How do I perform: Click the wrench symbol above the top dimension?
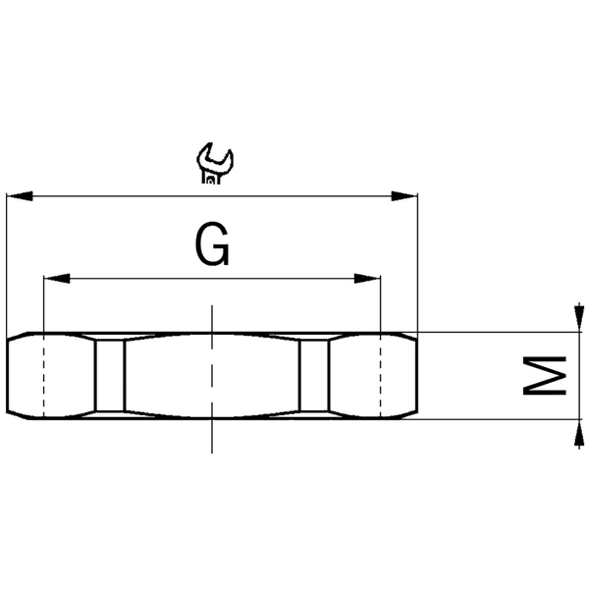[x=215, y=164]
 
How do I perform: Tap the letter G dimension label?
[x=212, y=245]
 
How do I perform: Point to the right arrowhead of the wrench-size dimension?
[x=404, y=196]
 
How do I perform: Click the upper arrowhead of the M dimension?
[x=575, y=320]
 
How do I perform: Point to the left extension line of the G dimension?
[x=44, y=304]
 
